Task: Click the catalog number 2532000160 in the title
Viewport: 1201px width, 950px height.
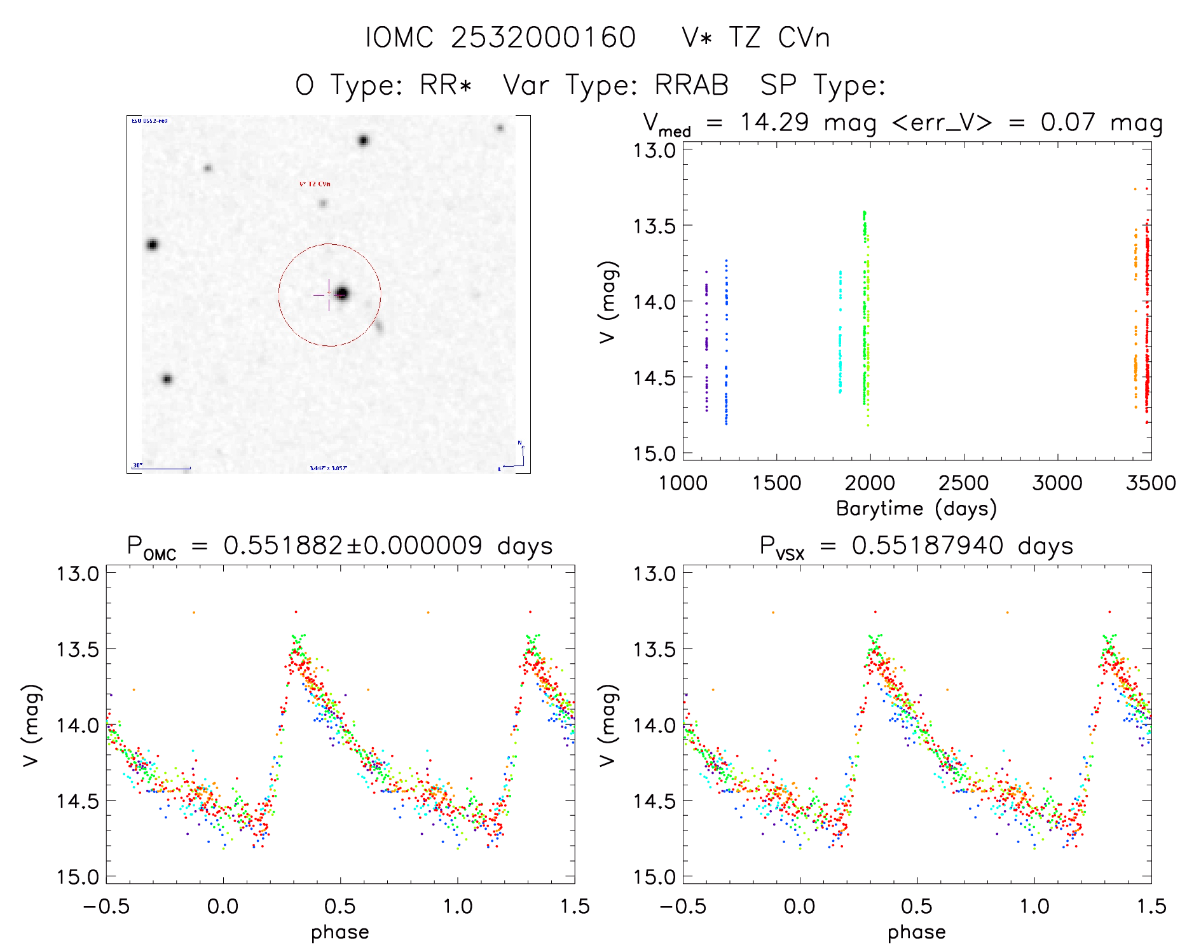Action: [543, 38]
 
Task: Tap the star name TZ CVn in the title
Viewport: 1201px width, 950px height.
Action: [778, 38]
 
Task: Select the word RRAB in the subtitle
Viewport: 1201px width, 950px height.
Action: [692, 85]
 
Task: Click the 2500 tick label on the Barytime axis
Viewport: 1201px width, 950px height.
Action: [963, 483]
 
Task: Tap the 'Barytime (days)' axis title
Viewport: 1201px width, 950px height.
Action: [916, 508]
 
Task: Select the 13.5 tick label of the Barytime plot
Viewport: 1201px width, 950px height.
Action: [654, 226]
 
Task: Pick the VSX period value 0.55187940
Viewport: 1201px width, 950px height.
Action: [928, 546]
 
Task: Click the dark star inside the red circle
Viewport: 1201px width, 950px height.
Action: [342, 293]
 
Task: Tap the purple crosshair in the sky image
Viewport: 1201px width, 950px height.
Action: [328, 295]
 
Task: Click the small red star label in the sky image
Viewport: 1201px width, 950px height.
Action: [315, 184]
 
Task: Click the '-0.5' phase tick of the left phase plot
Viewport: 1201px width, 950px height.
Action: [107, 906]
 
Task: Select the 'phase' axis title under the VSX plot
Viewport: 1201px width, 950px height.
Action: [916, 932]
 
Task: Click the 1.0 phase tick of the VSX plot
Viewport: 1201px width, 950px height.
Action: [1034, 906]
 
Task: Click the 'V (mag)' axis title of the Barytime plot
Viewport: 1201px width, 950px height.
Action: [608, 301]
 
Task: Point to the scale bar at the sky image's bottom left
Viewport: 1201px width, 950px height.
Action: [163, 469]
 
